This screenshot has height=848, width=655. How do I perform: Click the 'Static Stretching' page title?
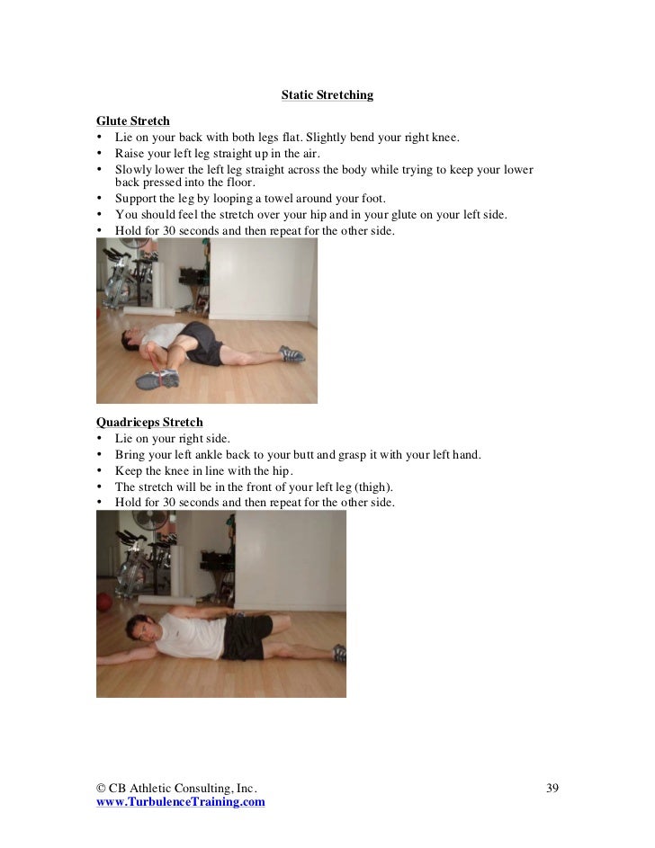click(327, 94)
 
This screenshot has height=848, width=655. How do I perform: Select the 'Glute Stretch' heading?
click(132, 121)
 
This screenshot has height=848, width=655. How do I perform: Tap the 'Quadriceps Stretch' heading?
click(149, 422)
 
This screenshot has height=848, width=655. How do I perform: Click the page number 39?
click(552, 789)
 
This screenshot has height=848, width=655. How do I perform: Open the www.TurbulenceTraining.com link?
click(180, 802)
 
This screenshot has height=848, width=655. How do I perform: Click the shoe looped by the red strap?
click(157, 379)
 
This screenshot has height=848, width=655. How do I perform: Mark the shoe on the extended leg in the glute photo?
click(292, 353)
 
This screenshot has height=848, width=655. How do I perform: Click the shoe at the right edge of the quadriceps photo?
click(338, 653)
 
